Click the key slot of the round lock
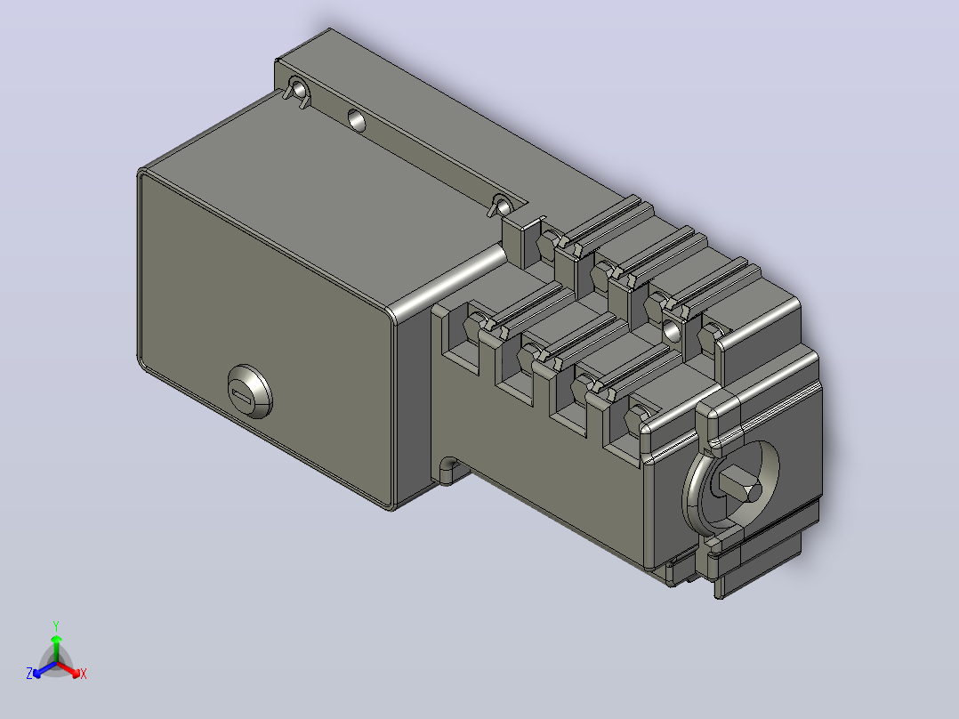[x=244, y=395]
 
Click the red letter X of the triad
[x=84, y=674]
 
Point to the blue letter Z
[x=29, y=673]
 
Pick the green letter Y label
[x=56, y=626]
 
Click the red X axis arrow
[x=68, y=669]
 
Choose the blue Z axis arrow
[x=44, y=669]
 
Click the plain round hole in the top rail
[x=357, y=120]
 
